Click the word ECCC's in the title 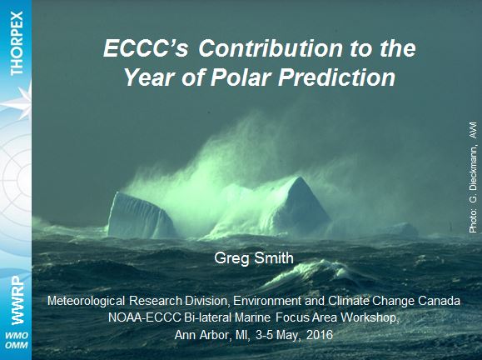tap(146, 48)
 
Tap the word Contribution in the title tap(271, 48)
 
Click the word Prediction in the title tap(336, 77)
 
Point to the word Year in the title tap(150, 77)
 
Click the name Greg tap(231, 258)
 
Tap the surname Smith tap(274, 257)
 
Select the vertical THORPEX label tap(17, 43)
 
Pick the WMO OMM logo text tap(17, 340)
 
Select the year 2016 tap(320, 335)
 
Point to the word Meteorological tap(86, 301)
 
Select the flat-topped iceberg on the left tap(141, 215)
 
